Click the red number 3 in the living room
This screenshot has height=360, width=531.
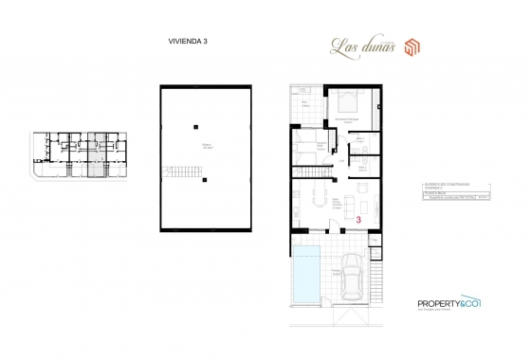pyautogui.click(x=359, y=219)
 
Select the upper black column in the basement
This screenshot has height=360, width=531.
pyautogui.click(x=194, y=125)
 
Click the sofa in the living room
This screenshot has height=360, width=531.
pyautogui.click(x=345, y=203)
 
